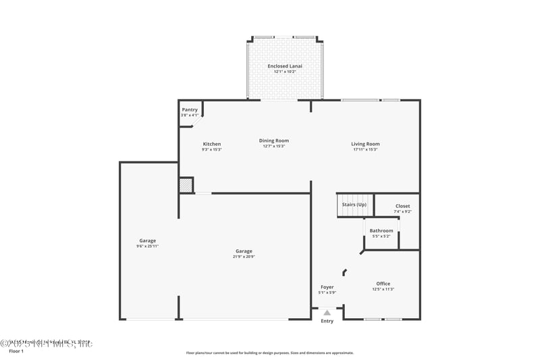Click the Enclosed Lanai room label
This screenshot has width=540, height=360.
pos(284,66)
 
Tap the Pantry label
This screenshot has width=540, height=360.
pos(190,109)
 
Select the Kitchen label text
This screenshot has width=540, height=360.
pos(212,144)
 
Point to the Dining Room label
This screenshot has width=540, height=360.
pos(274,140)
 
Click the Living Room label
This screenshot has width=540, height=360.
pos(365,144)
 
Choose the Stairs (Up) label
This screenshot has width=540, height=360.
pos(354,204)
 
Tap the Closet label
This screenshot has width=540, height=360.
pos(402,206)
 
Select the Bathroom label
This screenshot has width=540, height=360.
pos(381,231)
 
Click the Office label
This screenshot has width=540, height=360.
pos(383,284)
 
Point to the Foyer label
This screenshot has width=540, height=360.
pos(327,287)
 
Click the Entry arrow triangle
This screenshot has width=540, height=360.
pos(327,313)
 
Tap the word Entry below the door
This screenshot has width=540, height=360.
pos(327,321)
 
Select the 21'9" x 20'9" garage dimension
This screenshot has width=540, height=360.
pos(244,257)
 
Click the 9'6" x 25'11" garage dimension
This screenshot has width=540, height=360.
pos(148,246)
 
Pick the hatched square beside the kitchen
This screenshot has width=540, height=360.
pos(186,185)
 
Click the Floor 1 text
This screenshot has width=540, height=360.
pos(16,351)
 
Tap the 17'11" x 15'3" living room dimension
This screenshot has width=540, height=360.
pos(365,149)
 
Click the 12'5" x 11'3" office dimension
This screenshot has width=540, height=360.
pos(383,289)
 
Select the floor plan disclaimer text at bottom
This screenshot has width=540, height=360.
pos(269,353)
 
